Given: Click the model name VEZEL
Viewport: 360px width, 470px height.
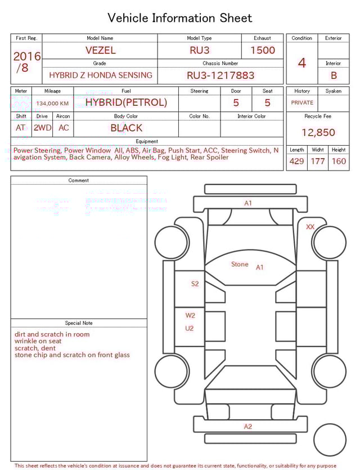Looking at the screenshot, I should [x=101, y=50].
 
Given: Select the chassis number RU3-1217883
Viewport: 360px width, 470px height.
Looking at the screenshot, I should [x=220, y=75].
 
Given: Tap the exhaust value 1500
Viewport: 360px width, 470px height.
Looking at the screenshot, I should [x=263, y=50].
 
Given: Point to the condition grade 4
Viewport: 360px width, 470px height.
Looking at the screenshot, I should [x=301, y=62].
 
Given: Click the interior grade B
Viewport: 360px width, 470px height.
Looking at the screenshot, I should [x=334, y=75].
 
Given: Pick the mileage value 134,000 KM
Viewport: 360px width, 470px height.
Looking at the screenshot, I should [x=52, y=104].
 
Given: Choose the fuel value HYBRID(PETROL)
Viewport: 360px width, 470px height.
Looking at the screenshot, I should [x=126, y=102].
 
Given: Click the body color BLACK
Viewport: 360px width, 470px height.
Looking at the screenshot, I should [x=127, y=128].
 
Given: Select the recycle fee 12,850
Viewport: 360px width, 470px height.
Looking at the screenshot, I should [x=318, y=133].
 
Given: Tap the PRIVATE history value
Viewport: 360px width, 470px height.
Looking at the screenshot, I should [x=302, y=102].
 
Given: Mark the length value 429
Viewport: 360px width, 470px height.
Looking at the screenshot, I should [x=296, y=161].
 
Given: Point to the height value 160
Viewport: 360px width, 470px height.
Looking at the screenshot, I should [x=339, y=161].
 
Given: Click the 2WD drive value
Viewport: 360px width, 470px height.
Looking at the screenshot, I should [x=42, y=128].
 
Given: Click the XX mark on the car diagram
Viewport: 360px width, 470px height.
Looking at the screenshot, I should [x=310, y=226].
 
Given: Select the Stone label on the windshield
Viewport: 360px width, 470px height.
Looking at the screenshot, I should [x=240, y=264].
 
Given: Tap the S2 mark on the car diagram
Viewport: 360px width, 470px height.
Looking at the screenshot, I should [x=195, y=284].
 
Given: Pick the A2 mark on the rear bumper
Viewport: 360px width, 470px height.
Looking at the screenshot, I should [x=248, y=426].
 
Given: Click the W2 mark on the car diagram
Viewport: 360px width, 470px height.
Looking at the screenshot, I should [x=191, y=315].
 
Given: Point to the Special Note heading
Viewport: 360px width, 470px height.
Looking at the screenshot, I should [x=79, y=323].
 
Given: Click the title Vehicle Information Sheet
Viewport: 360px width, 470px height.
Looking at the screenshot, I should [x=180, y=18].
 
